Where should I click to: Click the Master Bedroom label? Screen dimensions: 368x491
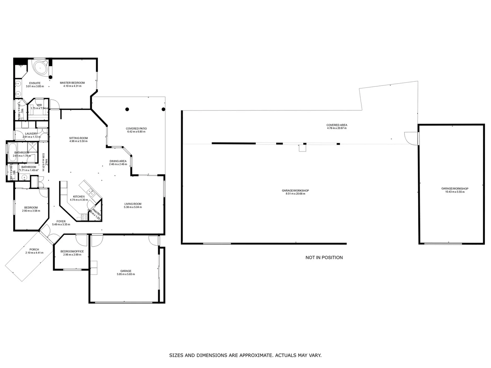(72, 83)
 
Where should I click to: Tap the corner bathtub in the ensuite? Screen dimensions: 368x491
(41, 68)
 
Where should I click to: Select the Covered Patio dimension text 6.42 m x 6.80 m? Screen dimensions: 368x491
(136, 132)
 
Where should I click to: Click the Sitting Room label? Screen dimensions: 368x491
(78, 138)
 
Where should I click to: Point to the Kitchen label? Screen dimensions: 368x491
(79, 197)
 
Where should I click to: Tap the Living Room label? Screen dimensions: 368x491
(133, 204)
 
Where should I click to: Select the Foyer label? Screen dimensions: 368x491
(61, 221)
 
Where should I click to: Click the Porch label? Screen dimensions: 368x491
(34, 249)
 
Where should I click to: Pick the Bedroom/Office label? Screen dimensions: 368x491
(72, 251)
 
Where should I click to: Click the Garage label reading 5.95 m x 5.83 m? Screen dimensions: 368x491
(126, 274)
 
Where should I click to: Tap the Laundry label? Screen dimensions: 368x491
(31, 134)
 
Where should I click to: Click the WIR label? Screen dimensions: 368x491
(40, 105)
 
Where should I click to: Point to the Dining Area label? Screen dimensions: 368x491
(118, 161)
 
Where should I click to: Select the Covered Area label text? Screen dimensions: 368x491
(337, 125)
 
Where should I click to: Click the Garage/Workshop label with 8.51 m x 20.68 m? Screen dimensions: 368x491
(295, 190)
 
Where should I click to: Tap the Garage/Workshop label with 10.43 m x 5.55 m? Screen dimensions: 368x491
(455, 188)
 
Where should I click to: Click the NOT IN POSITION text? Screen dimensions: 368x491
(324, 258)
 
